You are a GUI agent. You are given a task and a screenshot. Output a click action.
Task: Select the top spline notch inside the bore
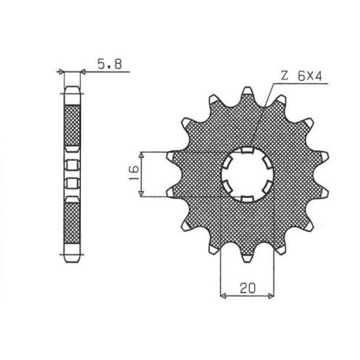tap(246, 151)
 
